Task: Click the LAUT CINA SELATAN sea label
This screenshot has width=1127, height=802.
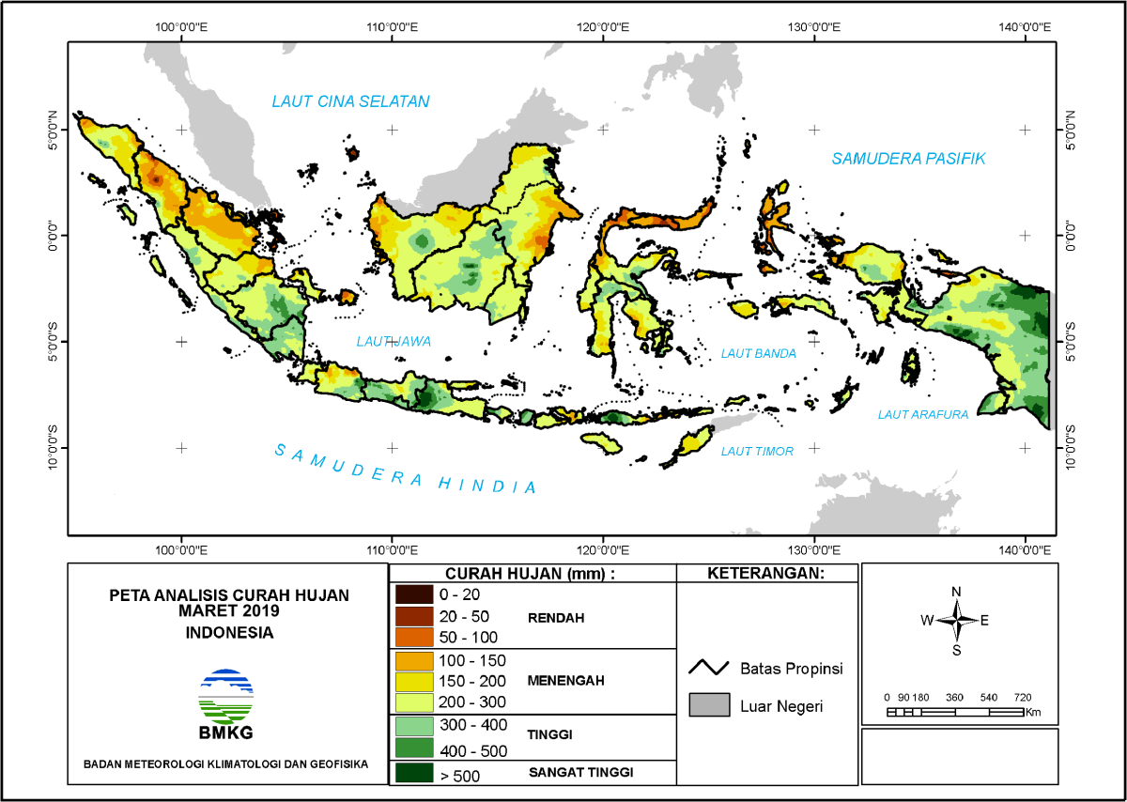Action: pos(350,101)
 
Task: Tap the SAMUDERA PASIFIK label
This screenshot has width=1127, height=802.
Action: pos(907,159)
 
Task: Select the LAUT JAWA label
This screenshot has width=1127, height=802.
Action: pos(394,342)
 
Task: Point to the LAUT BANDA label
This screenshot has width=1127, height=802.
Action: pos(758,354)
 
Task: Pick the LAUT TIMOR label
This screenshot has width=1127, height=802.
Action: pos(757,452)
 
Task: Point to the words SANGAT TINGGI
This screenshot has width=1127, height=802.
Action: pos(580,772)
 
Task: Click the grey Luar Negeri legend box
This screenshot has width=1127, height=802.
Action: pos(709,705)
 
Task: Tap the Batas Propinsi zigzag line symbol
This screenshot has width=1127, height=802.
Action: pos(709,668)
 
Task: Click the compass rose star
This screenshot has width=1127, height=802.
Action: pos(957,620)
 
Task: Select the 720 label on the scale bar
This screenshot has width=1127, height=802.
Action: pos(1023,698)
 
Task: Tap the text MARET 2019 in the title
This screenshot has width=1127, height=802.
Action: pos(228,610)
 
